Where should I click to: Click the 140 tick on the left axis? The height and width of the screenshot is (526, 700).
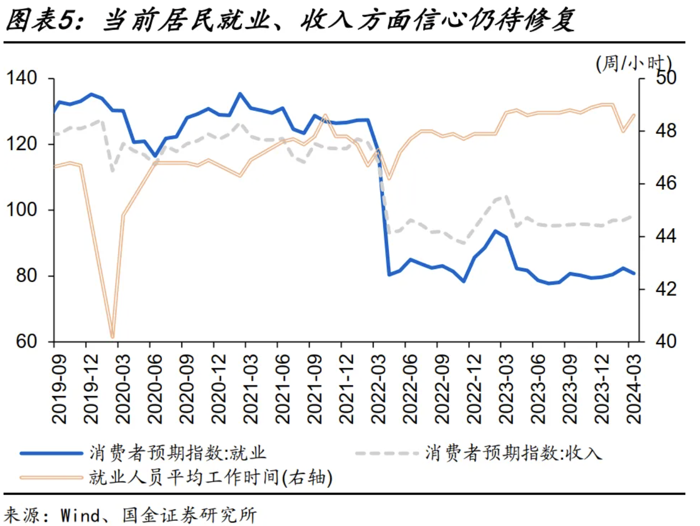pos(21,78)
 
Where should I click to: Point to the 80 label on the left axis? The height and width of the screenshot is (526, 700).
pos(26,276)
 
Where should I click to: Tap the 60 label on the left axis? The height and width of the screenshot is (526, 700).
pos(26,341)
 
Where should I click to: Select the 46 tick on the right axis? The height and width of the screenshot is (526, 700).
pos(666,183)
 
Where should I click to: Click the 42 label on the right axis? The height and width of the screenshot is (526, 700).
pos(666,289)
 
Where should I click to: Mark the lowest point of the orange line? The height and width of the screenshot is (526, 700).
pos(112,337)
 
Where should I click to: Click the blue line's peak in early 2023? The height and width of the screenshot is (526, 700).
pos(496,231)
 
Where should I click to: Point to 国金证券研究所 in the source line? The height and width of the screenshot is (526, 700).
pos(189,515)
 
